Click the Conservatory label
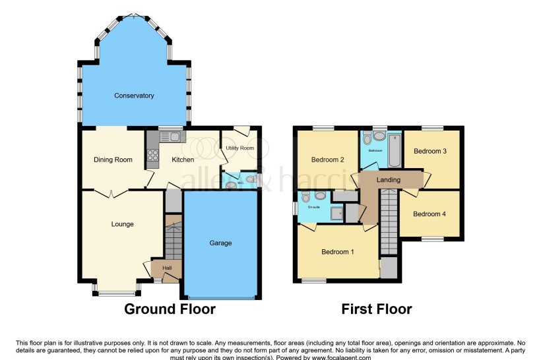(134, 96)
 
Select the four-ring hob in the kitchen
(152, 156)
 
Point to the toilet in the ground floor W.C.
(251, 179)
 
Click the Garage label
(220, 243)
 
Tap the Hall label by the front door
(167, 268)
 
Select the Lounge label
(122, 224)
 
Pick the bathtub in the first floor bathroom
(393, 150)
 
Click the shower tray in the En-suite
(336, 212)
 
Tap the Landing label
(389, 179)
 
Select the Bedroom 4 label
(430, 214)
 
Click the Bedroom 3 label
(430, 151)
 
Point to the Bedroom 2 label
(328, 160)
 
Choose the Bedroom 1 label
(338, 251)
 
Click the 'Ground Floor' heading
(170, 309)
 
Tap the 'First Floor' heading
(376, 309)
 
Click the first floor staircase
(389, 221)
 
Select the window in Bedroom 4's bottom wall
(433, 239)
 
